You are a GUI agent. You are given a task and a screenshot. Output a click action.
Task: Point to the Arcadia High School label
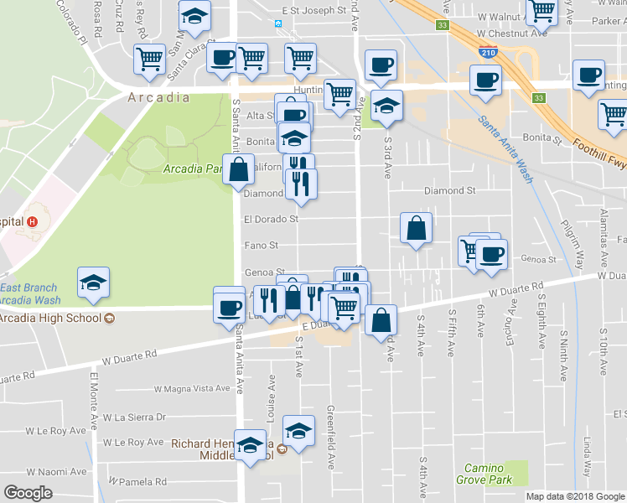click(52, 318)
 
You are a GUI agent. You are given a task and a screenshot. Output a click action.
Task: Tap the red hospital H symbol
click(32, 222)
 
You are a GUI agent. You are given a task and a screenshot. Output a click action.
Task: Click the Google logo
click(28, 492)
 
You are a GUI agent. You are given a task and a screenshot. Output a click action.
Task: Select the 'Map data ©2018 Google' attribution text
click(575, 496)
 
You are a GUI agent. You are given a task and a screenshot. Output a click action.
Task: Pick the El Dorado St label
click(271, 220)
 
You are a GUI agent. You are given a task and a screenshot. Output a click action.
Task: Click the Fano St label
click(261, 246)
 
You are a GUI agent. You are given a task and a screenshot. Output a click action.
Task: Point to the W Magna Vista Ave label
click(192, 388)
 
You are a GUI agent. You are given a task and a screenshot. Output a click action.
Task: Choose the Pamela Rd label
click(143, 482)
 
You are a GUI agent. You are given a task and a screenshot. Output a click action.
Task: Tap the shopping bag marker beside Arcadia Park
click(239, 169)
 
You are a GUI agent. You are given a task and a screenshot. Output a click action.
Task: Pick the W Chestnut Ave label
click(511, 33)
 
